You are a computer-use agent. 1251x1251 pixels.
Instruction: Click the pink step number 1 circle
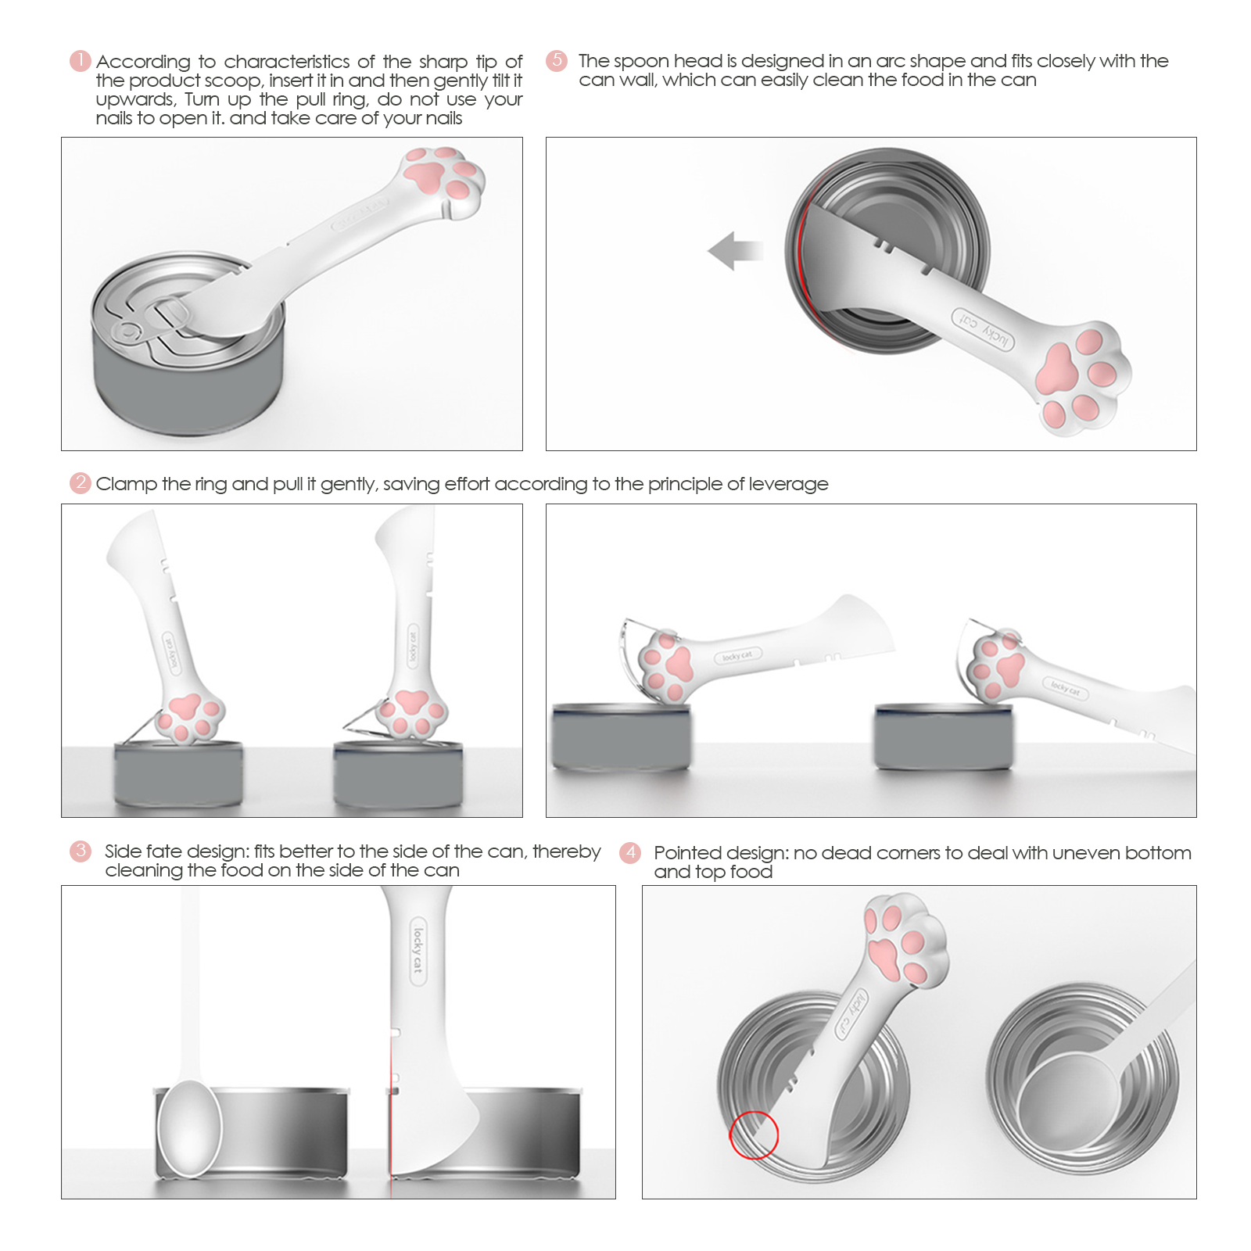[81, 61]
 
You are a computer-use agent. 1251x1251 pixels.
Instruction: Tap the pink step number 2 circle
[81, 482]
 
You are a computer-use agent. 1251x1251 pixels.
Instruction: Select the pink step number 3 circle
[81, 851]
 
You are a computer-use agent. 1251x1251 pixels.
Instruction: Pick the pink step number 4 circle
[630, 852]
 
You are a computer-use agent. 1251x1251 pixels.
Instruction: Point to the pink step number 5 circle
[557, 60]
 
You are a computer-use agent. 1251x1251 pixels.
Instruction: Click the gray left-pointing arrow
[735, 251]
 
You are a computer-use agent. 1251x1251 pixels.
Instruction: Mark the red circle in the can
[754, 1134]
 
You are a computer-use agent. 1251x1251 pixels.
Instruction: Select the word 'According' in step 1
[143, 63]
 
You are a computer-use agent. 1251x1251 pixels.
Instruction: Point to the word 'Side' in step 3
[123, 851]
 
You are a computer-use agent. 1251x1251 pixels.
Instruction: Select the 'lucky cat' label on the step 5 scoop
[983, 329]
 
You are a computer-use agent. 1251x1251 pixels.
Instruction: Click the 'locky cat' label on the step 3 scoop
[418, 950]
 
